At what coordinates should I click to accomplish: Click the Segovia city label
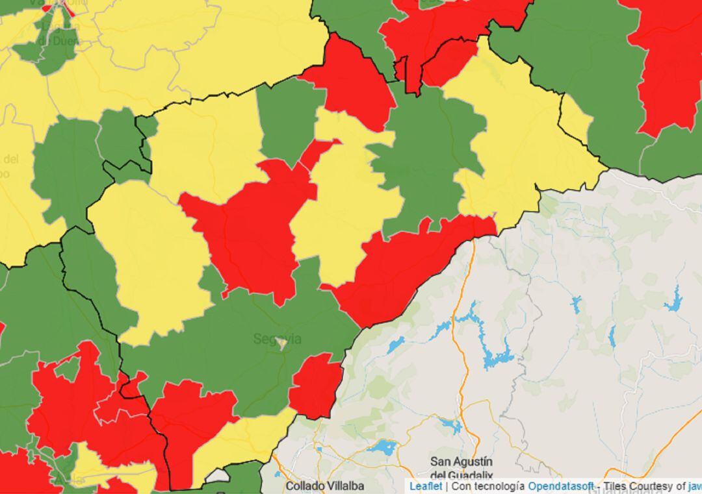(277, 339)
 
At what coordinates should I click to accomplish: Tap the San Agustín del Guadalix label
(461, 467)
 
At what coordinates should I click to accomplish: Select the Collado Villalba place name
(325, 486)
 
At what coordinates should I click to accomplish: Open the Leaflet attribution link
(426, 486)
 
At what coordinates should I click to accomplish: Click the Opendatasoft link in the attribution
(552, 486)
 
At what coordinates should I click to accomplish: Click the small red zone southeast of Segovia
(315, 386)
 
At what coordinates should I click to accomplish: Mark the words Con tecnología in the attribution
(488, 486)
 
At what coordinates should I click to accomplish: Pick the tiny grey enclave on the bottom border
(218, 476)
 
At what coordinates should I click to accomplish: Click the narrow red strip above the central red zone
(318, 152)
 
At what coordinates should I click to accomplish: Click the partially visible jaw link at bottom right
(695, 486)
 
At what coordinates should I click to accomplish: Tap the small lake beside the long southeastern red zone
(396, 345)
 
